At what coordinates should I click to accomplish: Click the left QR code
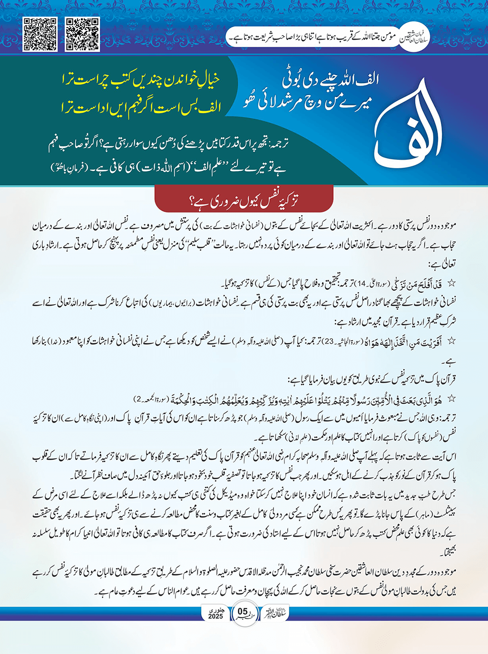(40, 34)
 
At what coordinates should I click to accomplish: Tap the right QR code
(82, 34)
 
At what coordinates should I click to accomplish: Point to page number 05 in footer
(243, 611)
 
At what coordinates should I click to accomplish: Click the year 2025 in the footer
(215, 616)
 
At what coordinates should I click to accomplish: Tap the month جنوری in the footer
(215, 609)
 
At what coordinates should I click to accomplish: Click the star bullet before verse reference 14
(451, 283)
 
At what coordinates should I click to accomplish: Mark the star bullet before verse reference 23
(451, 341)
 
